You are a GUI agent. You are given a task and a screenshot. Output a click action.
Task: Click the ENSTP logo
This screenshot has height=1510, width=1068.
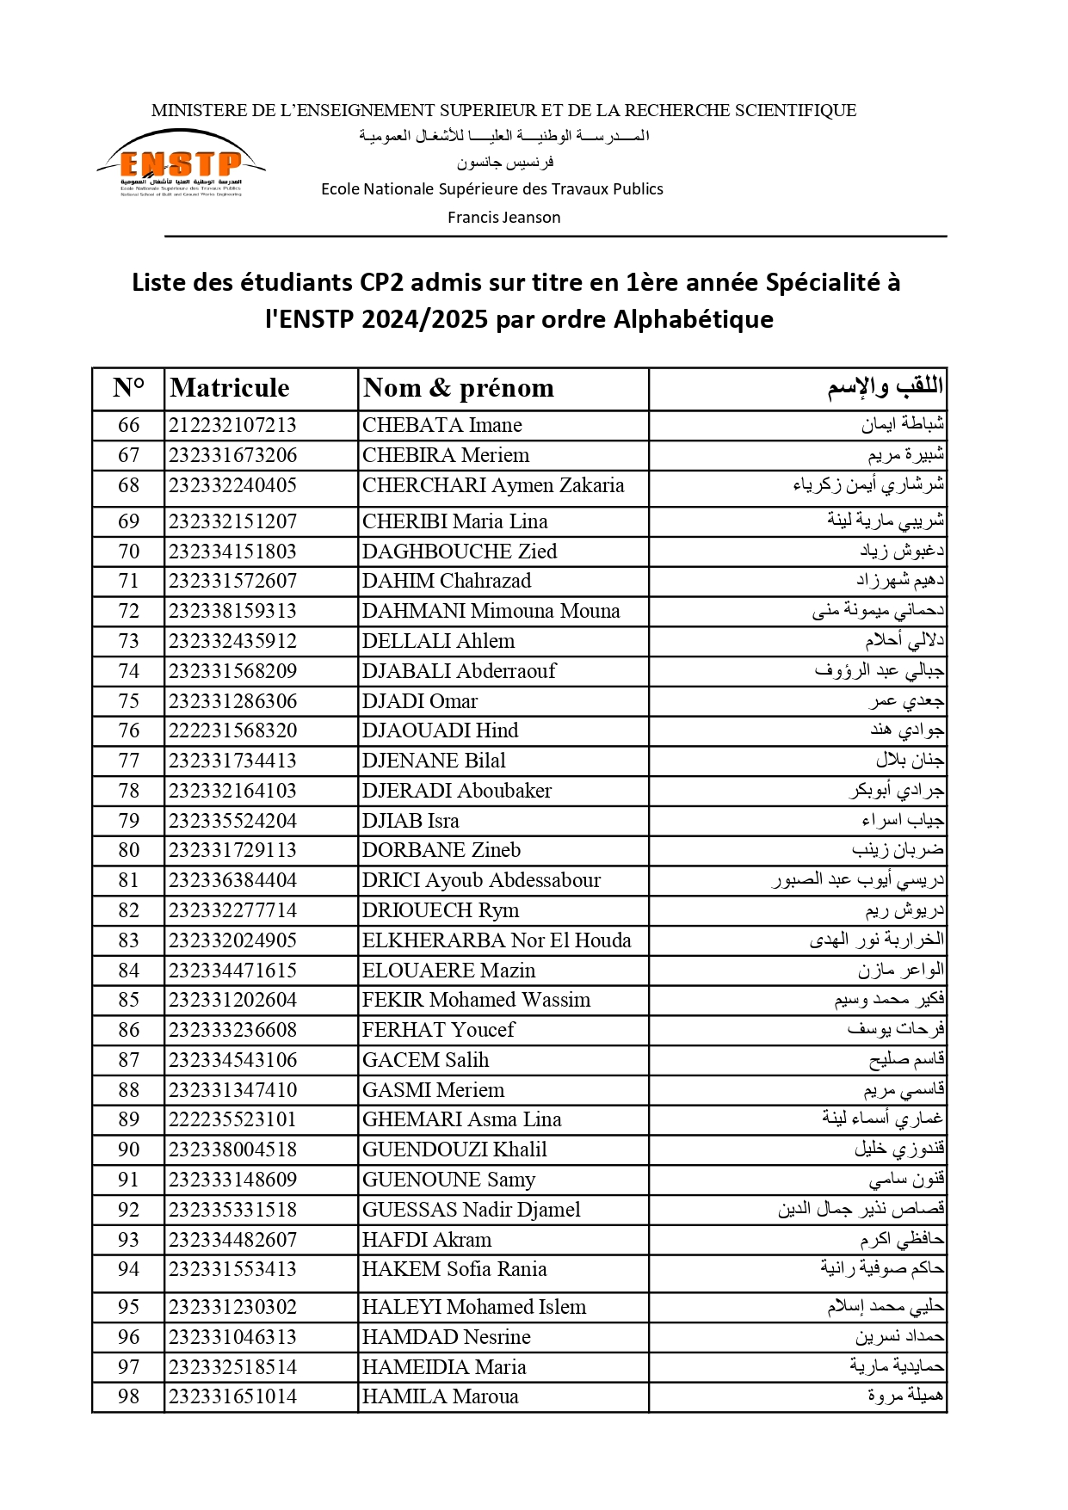[x=181, y=163]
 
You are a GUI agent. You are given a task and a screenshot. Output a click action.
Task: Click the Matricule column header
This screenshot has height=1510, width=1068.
[x=230, y=388]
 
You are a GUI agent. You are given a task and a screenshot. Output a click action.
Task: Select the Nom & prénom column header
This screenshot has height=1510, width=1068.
[x=458, y=388]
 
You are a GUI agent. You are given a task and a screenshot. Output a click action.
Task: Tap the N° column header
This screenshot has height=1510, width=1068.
[x=128, y=388]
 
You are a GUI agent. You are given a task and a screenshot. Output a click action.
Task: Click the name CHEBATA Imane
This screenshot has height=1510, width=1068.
[x=441, y=425]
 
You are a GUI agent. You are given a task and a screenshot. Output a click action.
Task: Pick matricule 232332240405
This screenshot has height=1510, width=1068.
[x=232, y=485]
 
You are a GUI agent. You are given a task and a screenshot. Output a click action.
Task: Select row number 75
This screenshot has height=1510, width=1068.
[x=128, y=701]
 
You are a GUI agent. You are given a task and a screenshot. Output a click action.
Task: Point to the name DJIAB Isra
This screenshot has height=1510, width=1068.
[x=411, y=821]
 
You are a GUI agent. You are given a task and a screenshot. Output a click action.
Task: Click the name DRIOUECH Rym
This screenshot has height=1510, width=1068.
[x=440, y=910]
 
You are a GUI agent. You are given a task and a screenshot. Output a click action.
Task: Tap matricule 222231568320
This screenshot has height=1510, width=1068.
[x=232, y=730]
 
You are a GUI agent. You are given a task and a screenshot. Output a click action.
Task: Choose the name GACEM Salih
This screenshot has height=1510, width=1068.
[x=425, y=1060]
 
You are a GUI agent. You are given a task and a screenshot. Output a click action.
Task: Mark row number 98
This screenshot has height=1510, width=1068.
[x=128, y=1396]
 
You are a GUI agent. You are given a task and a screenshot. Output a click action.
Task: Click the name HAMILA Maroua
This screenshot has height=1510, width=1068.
[x=440, y=1396]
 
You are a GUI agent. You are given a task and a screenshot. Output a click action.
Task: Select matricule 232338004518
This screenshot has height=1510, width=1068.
[x=232, y=1149]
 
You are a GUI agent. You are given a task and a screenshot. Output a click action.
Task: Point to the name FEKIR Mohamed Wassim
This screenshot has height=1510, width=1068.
[x=476, y=1000]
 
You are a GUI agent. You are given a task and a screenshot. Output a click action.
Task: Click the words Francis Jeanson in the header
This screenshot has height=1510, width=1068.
[x=503, y=218]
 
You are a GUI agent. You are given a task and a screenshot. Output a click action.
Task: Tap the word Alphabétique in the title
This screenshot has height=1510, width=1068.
[x=693, y=319]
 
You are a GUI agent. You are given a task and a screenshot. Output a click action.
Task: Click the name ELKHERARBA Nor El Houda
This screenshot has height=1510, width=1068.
[x=497, y=940]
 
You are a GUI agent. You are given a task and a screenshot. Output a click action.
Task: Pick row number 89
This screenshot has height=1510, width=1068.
[x=128, y=1119]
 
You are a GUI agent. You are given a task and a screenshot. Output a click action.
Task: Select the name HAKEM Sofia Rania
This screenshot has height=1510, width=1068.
[x=454, y=1269]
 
